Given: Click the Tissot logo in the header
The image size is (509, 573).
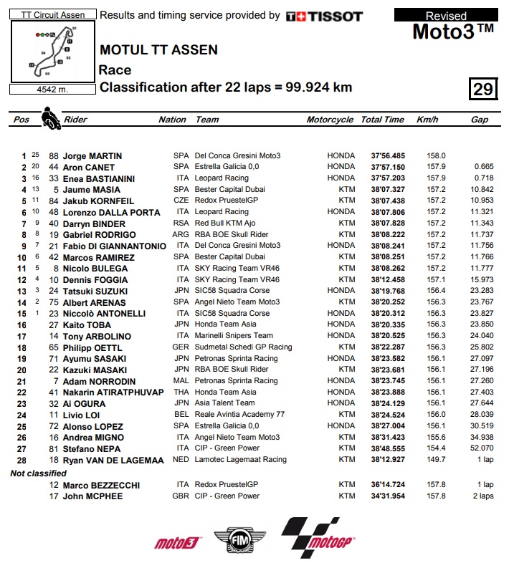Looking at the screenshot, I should [324, 16].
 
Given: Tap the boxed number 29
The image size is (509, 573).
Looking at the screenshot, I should [482, 89].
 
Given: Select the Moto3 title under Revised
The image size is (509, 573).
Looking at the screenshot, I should [454, 32].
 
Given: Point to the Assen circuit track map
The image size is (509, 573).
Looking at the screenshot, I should [52, 52].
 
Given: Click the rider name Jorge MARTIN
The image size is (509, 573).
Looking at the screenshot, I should [92, 155].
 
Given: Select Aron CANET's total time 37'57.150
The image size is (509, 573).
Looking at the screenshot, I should [388, 167].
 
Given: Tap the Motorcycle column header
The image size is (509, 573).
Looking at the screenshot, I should [330, 120].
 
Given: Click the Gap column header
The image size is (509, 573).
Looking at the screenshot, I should [480, 120].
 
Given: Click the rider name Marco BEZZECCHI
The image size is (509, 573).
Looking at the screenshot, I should [102, 485].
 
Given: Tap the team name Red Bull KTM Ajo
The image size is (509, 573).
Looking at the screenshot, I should [227, 223].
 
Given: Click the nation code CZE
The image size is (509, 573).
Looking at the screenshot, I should [181, 201].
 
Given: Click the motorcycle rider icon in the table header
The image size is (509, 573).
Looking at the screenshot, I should [50, 117].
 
